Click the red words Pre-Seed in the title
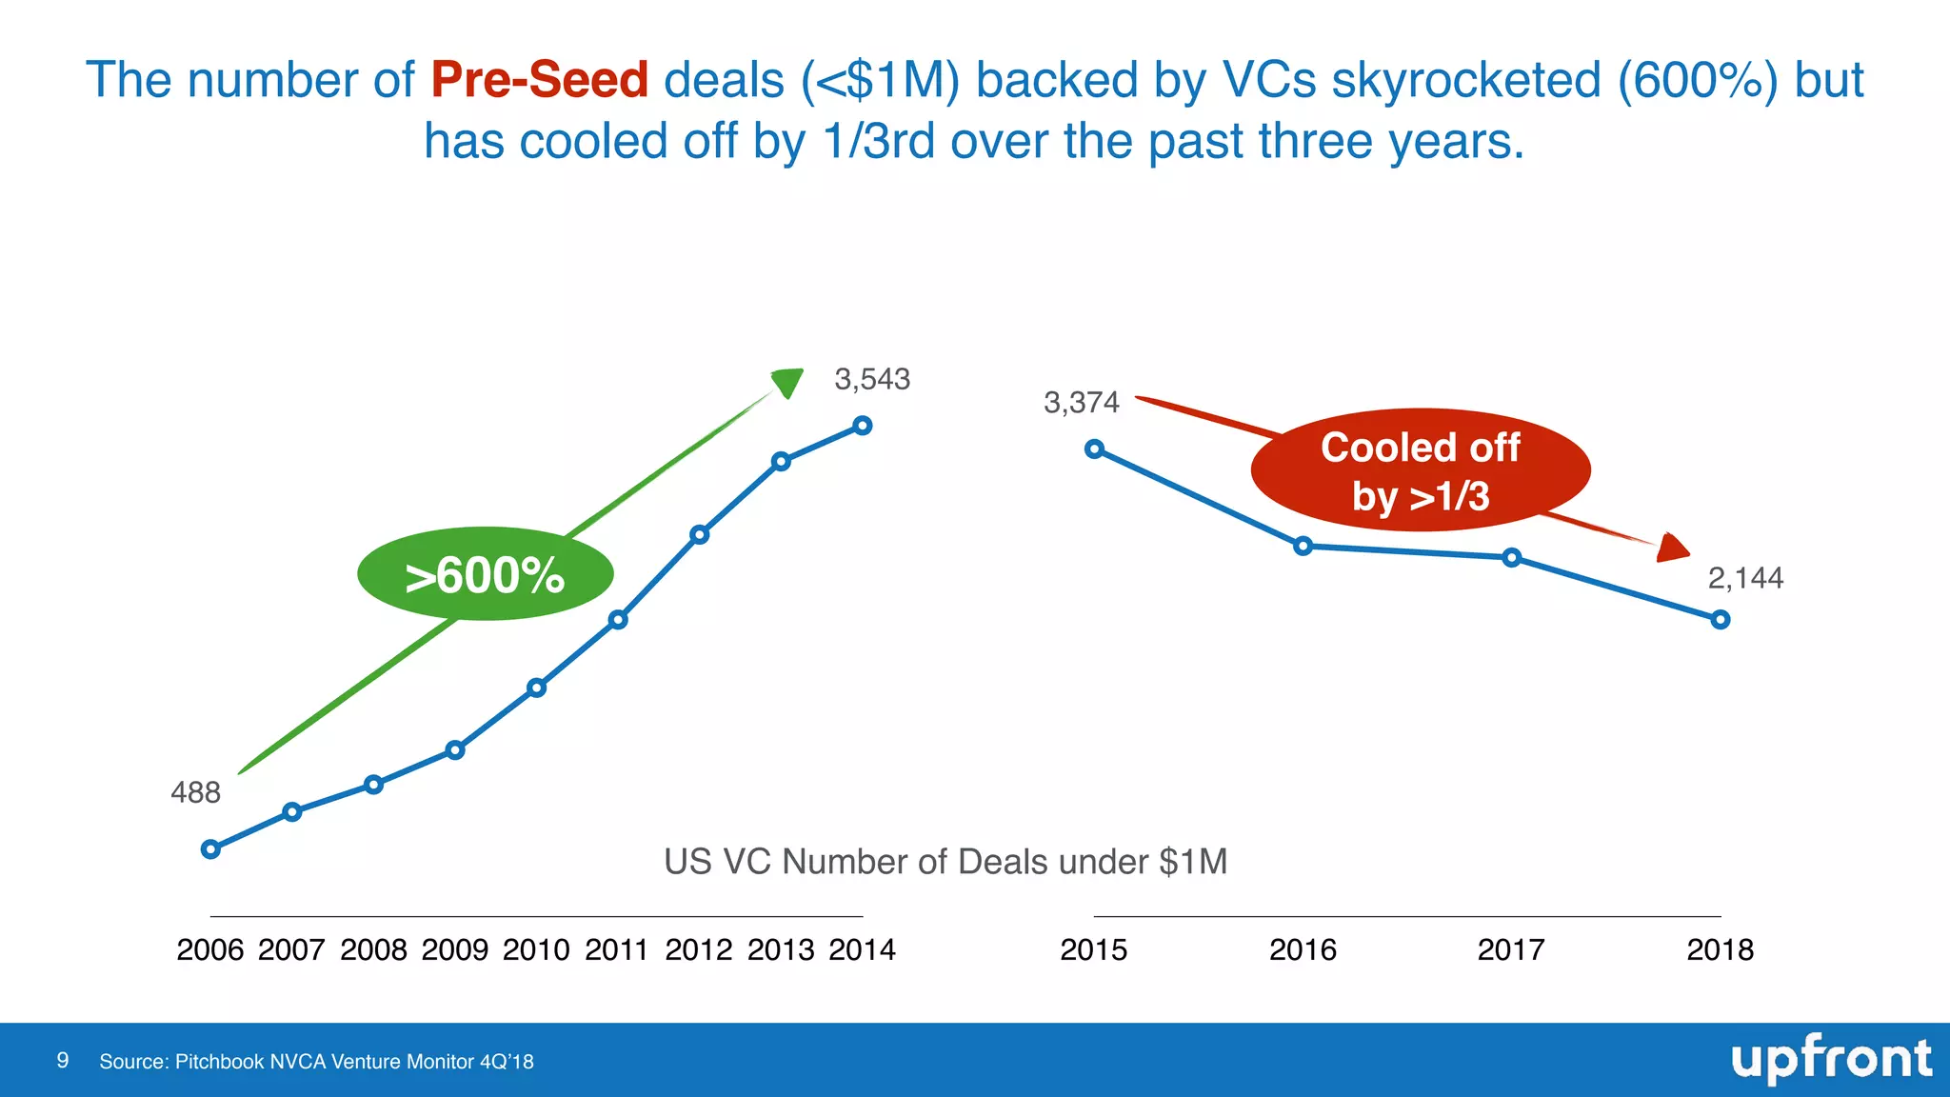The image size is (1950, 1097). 539,80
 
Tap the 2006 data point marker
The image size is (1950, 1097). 211,849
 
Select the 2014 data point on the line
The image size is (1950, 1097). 863,426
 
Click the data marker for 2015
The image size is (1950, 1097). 1095,449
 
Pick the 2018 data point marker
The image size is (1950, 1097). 1721,620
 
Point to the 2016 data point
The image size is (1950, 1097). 1303,546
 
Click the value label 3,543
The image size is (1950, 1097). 872,380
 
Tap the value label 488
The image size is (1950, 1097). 195,792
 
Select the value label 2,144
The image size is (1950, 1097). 1745,578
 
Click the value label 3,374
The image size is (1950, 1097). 1082,403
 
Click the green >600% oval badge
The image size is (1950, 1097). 486,574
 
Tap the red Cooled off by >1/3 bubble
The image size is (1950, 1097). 1421,470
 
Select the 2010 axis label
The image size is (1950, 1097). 536,949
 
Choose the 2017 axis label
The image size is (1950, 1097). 1511,949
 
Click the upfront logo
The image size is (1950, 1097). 1831,1059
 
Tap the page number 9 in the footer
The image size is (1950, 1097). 63,1061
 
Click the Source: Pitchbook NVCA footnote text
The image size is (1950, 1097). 316,1062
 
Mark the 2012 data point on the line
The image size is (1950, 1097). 700,534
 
